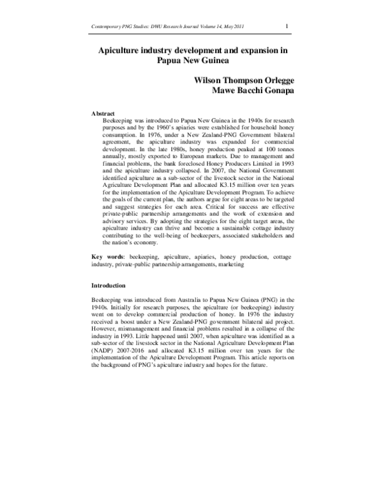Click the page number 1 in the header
pyautogui.click(x=287, y=26)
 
